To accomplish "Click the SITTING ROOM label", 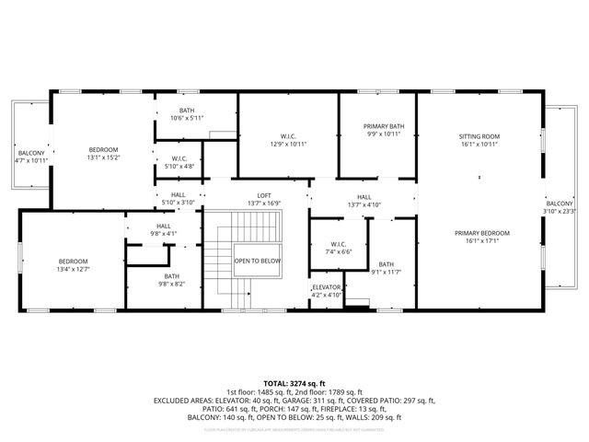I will pyautogui.click(x=479, y=135).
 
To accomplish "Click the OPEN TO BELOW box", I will pyautogui.click(x=258, y=261).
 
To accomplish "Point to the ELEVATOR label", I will pyautogui.click(x=327, y=287).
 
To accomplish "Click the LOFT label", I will pyautogui.click(x=264, y=195).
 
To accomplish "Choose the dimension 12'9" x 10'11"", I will pyautogui.click(x=288, y=145).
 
